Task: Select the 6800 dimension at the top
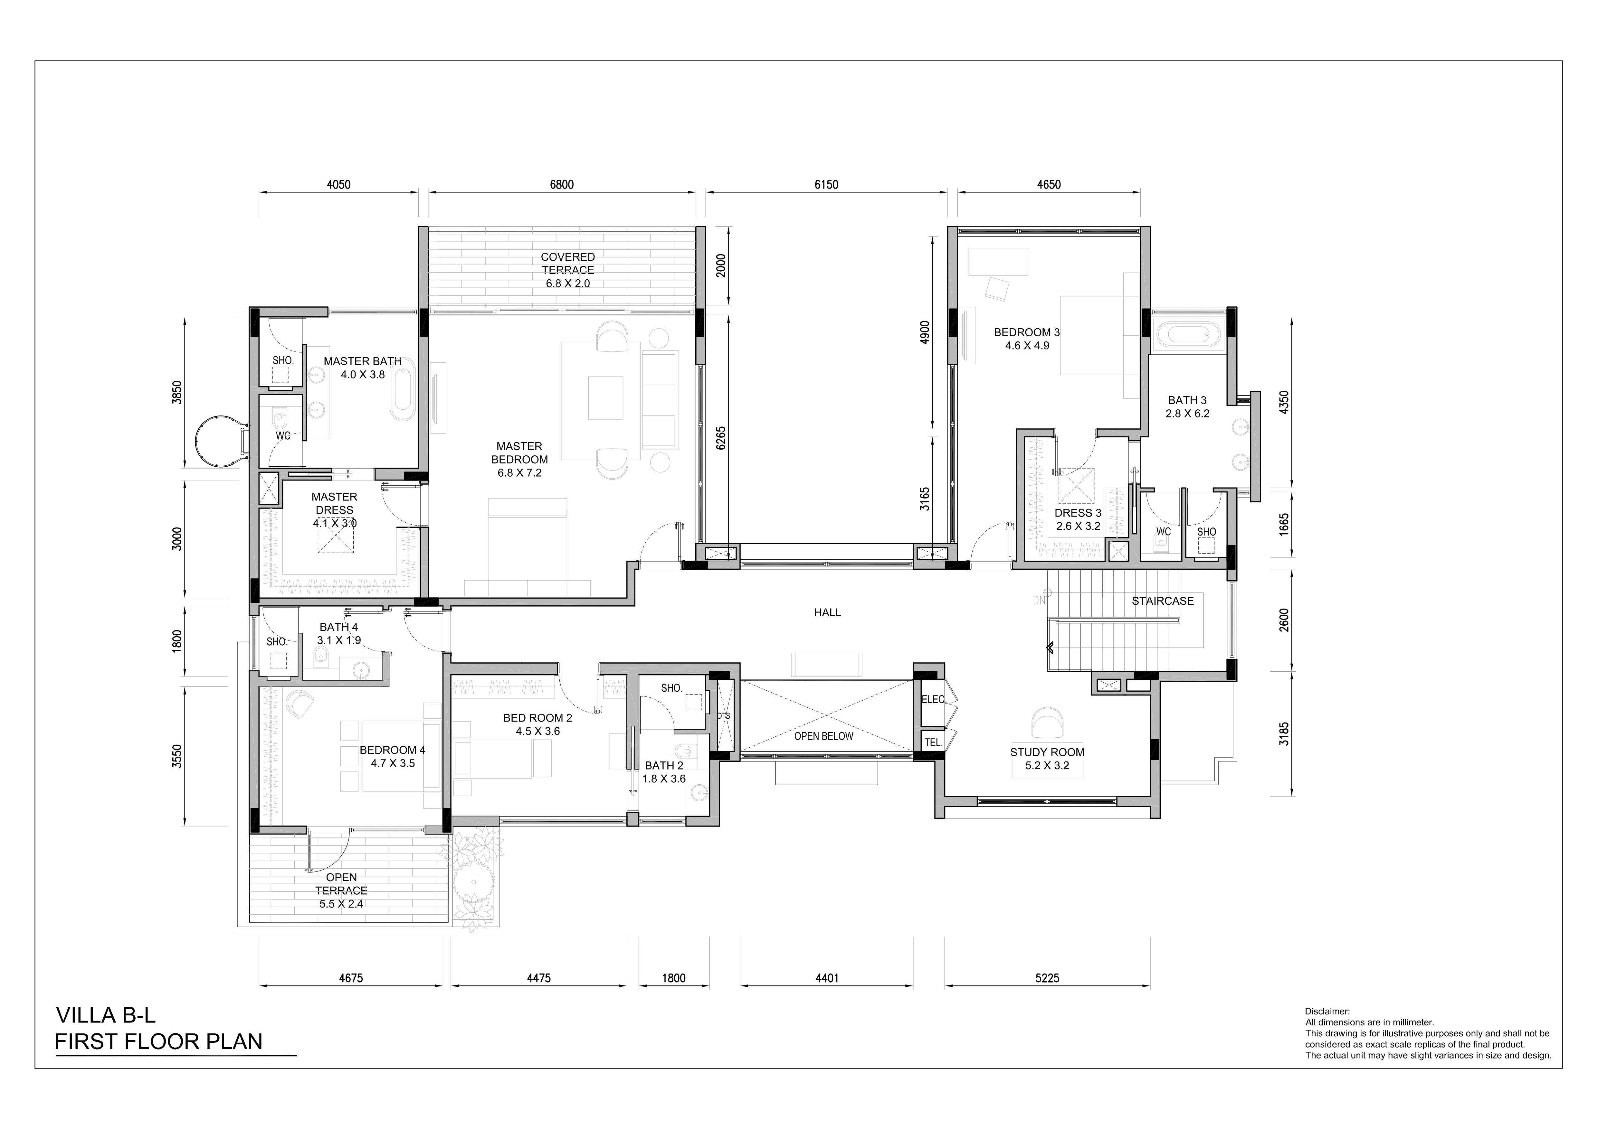562,185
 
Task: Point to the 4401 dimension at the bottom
827,978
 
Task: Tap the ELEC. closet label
933,700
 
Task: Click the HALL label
828,613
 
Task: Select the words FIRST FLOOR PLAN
159,1042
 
